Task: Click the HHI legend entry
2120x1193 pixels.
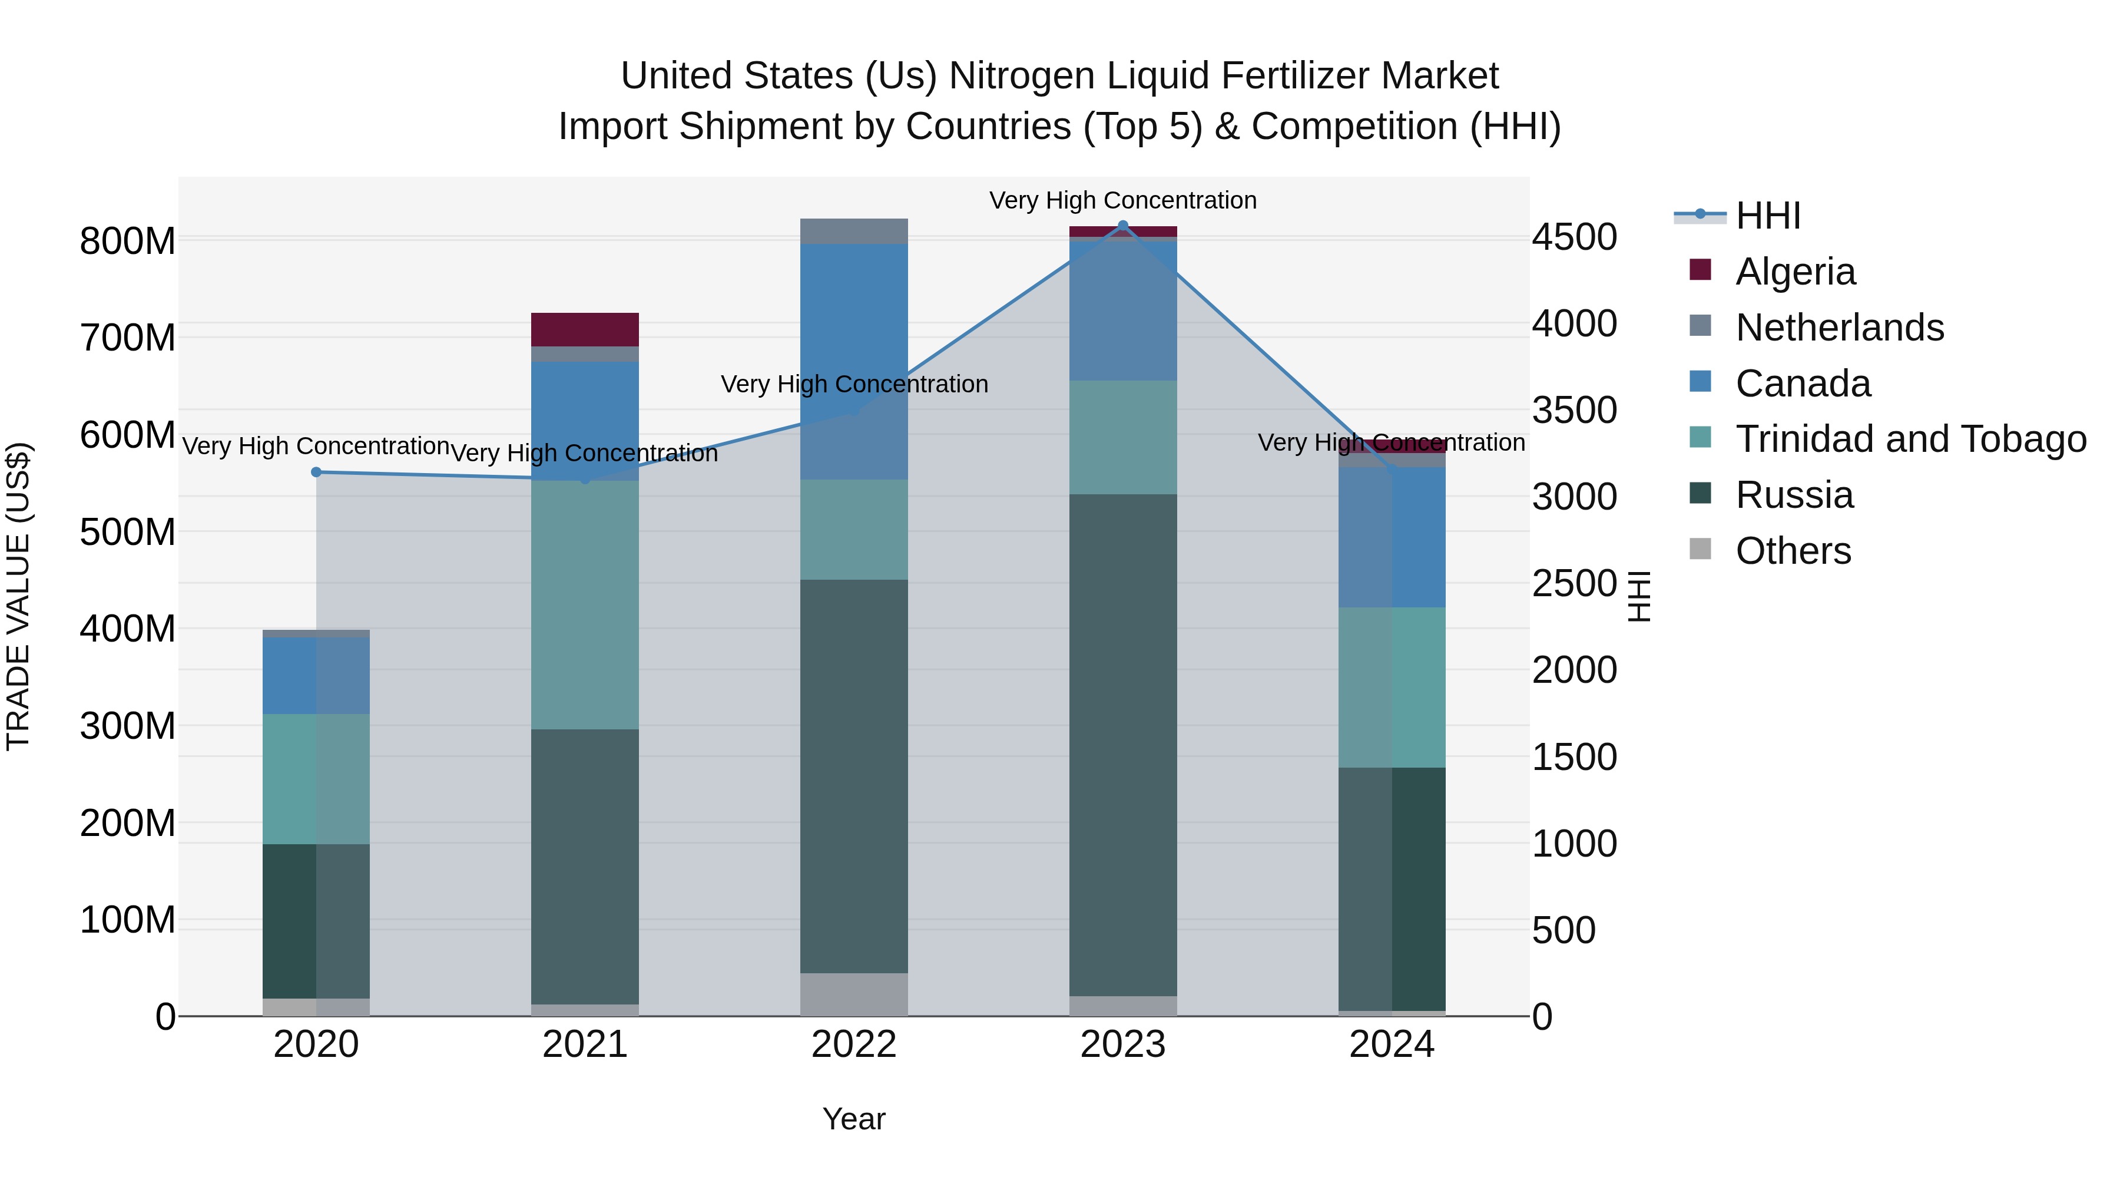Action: pyautogui.click(x=1768, y=216)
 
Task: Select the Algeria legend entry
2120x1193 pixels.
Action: pyautogui.click(x=1795, y=272)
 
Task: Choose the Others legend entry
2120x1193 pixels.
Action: pyautogui.click(x=1793, y=551)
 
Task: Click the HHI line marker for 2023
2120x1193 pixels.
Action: pyautogui.click(x=1122, y=226)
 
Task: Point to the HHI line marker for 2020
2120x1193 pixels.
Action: pyautogui.click(x=316, y=472)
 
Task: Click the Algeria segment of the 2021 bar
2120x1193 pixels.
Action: pyautogui.click(x=584, y=329)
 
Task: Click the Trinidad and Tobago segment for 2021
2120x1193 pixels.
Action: pyautogui.click(x=584, y=604)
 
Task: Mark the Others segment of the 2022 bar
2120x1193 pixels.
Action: pyautogui.click(x=853, y=994)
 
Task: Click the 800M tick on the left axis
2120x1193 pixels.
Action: pyautogui.click(x=128, y=242)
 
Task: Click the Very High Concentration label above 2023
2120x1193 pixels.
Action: pyautogui.click(x=1122, y=200)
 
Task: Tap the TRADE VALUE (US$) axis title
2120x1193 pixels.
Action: pyautogui.click(x=18, y=596)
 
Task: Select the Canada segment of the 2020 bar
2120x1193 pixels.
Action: pyautogui.click(x=316, y=675)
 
